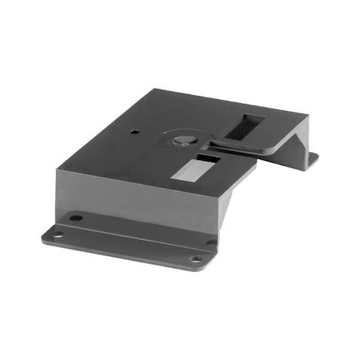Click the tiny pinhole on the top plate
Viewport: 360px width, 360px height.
pos(135,131)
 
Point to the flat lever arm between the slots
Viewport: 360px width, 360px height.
pos(240,146)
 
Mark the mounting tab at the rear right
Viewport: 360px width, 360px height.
pos(313,159)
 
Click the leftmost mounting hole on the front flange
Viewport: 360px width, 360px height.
pos(57,234)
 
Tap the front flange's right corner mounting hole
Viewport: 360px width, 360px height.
pos(194,258)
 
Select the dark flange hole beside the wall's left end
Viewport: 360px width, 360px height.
pos(75,218)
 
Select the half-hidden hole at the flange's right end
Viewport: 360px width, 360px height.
pos(210,242)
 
